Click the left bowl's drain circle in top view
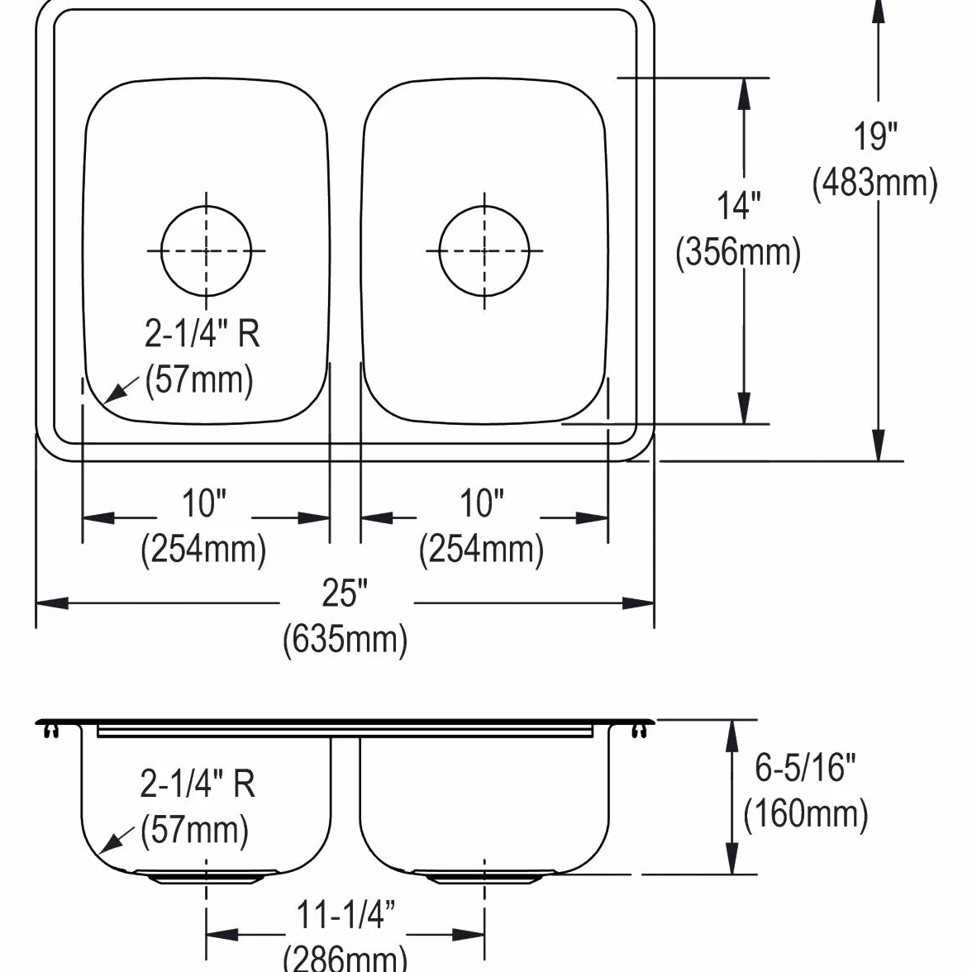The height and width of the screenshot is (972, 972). click(x=161, y=250)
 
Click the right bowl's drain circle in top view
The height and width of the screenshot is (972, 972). click(x=439, y=250)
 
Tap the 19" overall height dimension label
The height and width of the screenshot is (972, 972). click(x=875, y=136)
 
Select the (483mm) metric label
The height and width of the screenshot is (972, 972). click(x=874, y=183)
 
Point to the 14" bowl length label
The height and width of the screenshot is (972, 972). click(x=738, y=206)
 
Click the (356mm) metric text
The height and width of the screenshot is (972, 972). click(x=737, y=252)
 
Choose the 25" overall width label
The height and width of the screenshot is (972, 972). click(x=345, y=593)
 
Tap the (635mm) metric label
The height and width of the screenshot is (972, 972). click(x=345, y=639)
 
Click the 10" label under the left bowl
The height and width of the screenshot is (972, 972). click(x=204, y=503)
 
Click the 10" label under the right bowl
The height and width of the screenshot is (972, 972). click(x=482, y=503)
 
